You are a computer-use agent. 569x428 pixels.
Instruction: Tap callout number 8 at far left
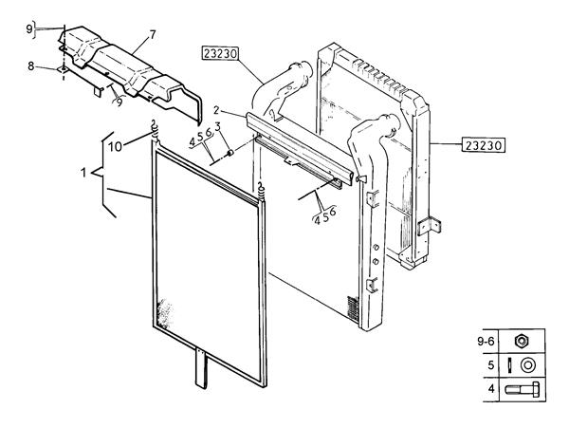[x=30, y=66]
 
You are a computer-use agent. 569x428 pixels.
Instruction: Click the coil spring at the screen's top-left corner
[x=154, y=127]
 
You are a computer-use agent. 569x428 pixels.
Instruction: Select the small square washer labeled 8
[x=63, y=68]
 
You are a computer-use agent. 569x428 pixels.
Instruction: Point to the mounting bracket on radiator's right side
[x=427, y=228]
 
